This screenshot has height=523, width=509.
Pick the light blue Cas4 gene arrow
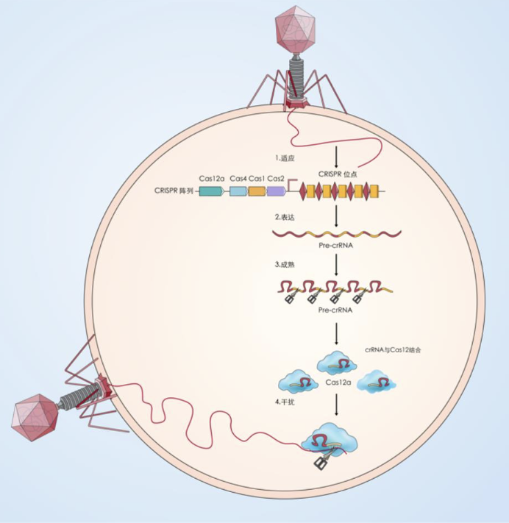pos(238,191)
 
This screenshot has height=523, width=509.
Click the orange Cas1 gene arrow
pos(257,191)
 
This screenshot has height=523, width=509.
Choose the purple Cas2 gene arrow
pos(276,191)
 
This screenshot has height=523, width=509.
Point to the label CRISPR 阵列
pos(174,190)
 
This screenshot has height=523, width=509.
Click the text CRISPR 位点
pos(338,174)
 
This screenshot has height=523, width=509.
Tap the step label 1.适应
pos(286,157)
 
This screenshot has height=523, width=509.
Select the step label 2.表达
pos(285,218)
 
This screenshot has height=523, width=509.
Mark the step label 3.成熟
pos(285,264)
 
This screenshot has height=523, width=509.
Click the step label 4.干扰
pos(285,402)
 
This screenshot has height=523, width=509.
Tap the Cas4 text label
pos(238,178)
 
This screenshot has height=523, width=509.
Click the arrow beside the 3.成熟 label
pos(336,265)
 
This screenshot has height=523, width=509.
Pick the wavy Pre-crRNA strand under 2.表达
pos(336,234)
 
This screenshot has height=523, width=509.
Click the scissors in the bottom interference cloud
pos(322,463)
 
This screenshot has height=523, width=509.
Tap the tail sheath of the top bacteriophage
pos(296,73)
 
